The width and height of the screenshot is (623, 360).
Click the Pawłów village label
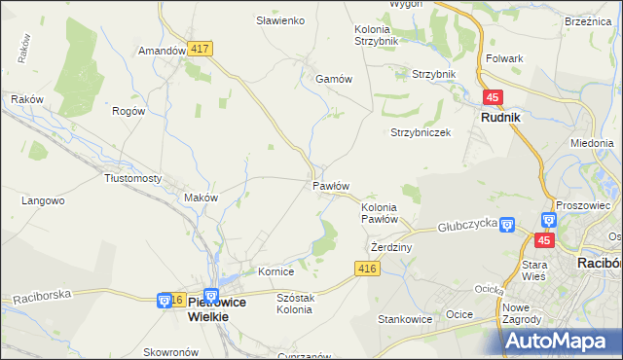(x=330, y=185)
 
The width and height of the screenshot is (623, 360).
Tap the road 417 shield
(x=202, y=48)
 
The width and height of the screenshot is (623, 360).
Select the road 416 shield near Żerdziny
(x=366, y=269)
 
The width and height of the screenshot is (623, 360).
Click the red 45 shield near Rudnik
(x=493, y=97)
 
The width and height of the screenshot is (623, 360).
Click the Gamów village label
(x=332, y=80)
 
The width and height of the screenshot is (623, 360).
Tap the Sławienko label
(x=280, y=19)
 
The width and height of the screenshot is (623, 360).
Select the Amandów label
(x=162, y=51)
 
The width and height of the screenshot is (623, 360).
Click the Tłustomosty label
(x=132, y=178)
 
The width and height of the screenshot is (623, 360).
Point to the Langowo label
(x=43, y=200)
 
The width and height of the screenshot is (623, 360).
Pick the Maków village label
(x=201, y=198)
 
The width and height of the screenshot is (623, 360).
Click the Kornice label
(x=275, y=271)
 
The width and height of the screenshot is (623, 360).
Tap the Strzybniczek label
(x=421, y=132)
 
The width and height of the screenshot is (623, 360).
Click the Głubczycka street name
(x=467, y=224)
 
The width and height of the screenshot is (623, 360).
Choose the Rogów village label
(x=128, y=111)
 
